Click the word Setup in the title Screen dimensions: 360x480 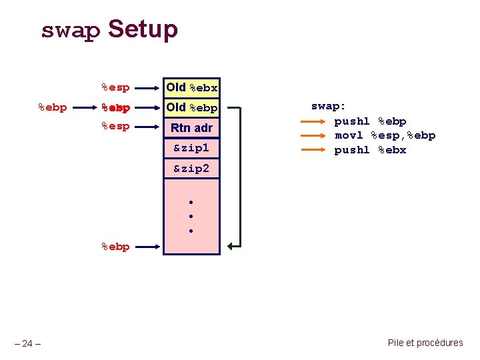coord(143,30)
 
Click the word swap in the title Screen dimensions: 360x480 coord(70,31)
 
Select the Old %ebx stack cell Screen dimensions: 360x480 coord(192,87)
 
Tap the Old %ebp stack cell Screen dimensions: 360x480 coord(192,107)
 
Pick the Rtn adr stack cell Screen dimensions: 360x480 coord(192,127)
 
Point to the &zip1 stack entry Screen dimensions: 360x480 coord(192,147)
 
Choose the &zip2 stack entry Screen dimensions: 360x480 coord(192,169)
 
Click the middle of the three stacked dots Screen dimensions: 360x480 coord(191,217)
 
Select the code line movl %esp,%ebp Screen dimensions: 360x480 coord(385,135)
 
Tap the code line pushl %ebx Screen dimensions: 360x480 coord(370,150)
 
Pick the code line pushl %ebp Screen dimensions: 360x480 coord(370,121)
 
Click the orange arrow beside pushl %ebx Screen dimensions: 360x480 coord(313,150)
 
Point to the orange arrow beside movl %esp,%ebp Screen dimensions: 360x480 coord(313,135)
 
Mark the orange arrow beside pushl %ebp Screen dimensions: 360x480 coord(313,121)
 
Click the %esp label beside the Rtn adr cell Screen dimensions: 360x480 coord(115,126)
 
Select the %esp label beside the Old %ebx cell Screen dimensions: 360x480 coord(115,87)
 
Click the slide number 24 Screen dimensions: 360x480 coord(27,344)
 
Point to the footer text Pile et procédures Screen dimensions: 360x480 coord(425,343)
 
